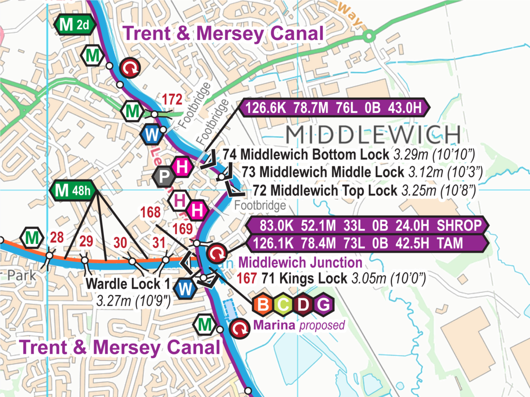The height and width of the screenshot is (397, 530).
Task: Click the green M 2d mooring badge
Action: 74,25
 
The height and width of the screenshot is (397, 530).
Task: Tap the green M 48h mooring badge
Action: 72,190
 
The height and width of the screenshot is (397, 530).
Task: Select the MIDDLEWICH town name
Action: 373,135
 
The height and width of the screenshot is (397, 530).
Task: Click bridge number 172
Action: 172,100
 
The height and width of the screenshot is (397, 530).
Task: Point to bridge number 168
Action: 150,212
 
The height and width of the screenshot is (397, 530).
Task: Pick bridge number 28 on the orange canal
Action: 57,237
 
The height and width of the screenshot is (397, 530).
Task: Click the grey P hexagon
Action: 164,177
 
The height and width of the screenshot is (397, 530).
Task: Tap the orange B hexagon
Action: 263,305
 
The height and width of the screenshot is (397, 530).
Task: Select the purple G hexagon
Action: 323,305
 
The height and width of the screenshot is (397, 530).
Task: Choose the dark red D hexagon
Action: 303,305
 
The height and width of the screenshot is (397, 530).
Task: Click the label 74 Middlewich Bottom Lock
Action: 305,154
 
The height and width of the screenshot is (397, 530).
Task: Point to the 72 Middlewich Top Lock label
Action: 325,191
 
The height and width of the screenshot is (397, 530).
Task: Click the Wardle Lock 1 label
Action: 128,284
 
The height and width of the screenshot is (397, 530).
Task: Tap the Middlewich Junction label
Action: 300,263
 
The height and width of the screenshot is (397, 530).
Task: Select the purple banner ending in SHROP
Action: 367,226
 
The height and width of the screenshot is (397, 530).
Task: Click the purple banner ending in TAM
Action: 367,243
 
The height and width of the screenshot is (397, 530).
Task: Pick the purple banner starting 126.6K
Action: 334,108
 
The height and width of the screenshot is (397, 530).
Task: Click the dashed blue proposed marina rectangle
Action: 229,310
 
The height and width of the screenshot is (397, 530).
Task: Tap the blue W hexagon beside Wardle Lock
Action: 185,288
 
